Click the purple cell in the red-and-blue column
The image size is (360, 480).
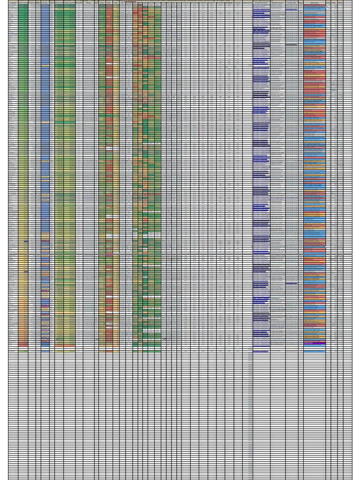(314, 343)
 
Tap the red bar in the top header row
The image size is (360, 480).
(130, 1)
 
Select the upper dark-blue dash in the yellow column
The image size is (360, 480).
(26, 241)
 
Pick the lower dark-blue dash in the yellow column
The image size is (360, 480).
(26, 271)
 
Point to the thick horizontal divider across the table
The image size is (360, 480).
(180, 255)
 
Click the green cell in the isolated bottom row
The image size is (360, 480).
(151, 351)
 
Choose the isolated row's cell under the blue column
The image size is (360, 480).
(45, 351)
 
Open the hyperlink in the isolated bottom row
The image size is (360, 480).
(261, 351)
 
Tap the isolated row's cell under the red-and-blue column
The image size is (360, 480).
(314, 351)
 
